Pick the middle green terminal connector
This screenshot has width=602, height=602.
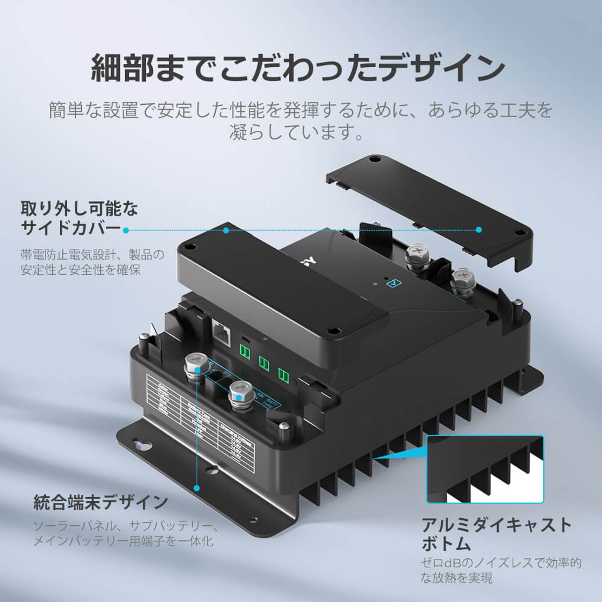click(x=264, y=363)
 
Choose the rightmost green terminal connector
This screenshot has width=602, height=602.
click(x=283, y=375)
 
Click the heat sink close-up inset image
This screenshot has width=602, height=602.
click(x=485, y=469)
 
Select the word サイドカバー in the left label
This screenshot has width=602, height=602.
click(x=71, y=228)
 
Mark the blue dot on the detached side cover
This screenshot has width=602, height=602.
click(x=479, y=230)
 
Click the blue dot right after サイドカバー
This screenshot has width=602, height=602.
click(x=126, y=230)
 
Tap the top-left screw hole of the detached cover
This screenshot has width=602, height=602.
click(x=374, y=159)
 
